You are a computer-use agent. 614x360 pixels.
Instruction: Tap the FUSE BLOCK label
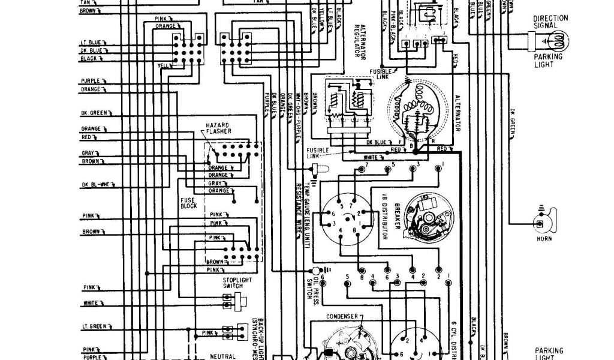pyautogui.click(x=188, y=203)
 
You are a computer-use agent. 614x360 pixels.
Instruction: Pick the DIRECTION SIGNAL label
pyautogui.click(x=550, y=22)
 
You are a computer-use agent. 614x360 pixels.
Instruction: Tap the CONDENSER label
pyautogui.click(x=342, y=316)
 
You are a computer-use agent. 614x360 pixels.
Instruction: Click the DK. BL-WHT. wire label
pyautogui.click(x=94, y=184)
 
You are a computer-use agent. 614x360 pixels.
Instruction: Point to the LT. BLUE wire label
pyautogui.click(x=92, y=43)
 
